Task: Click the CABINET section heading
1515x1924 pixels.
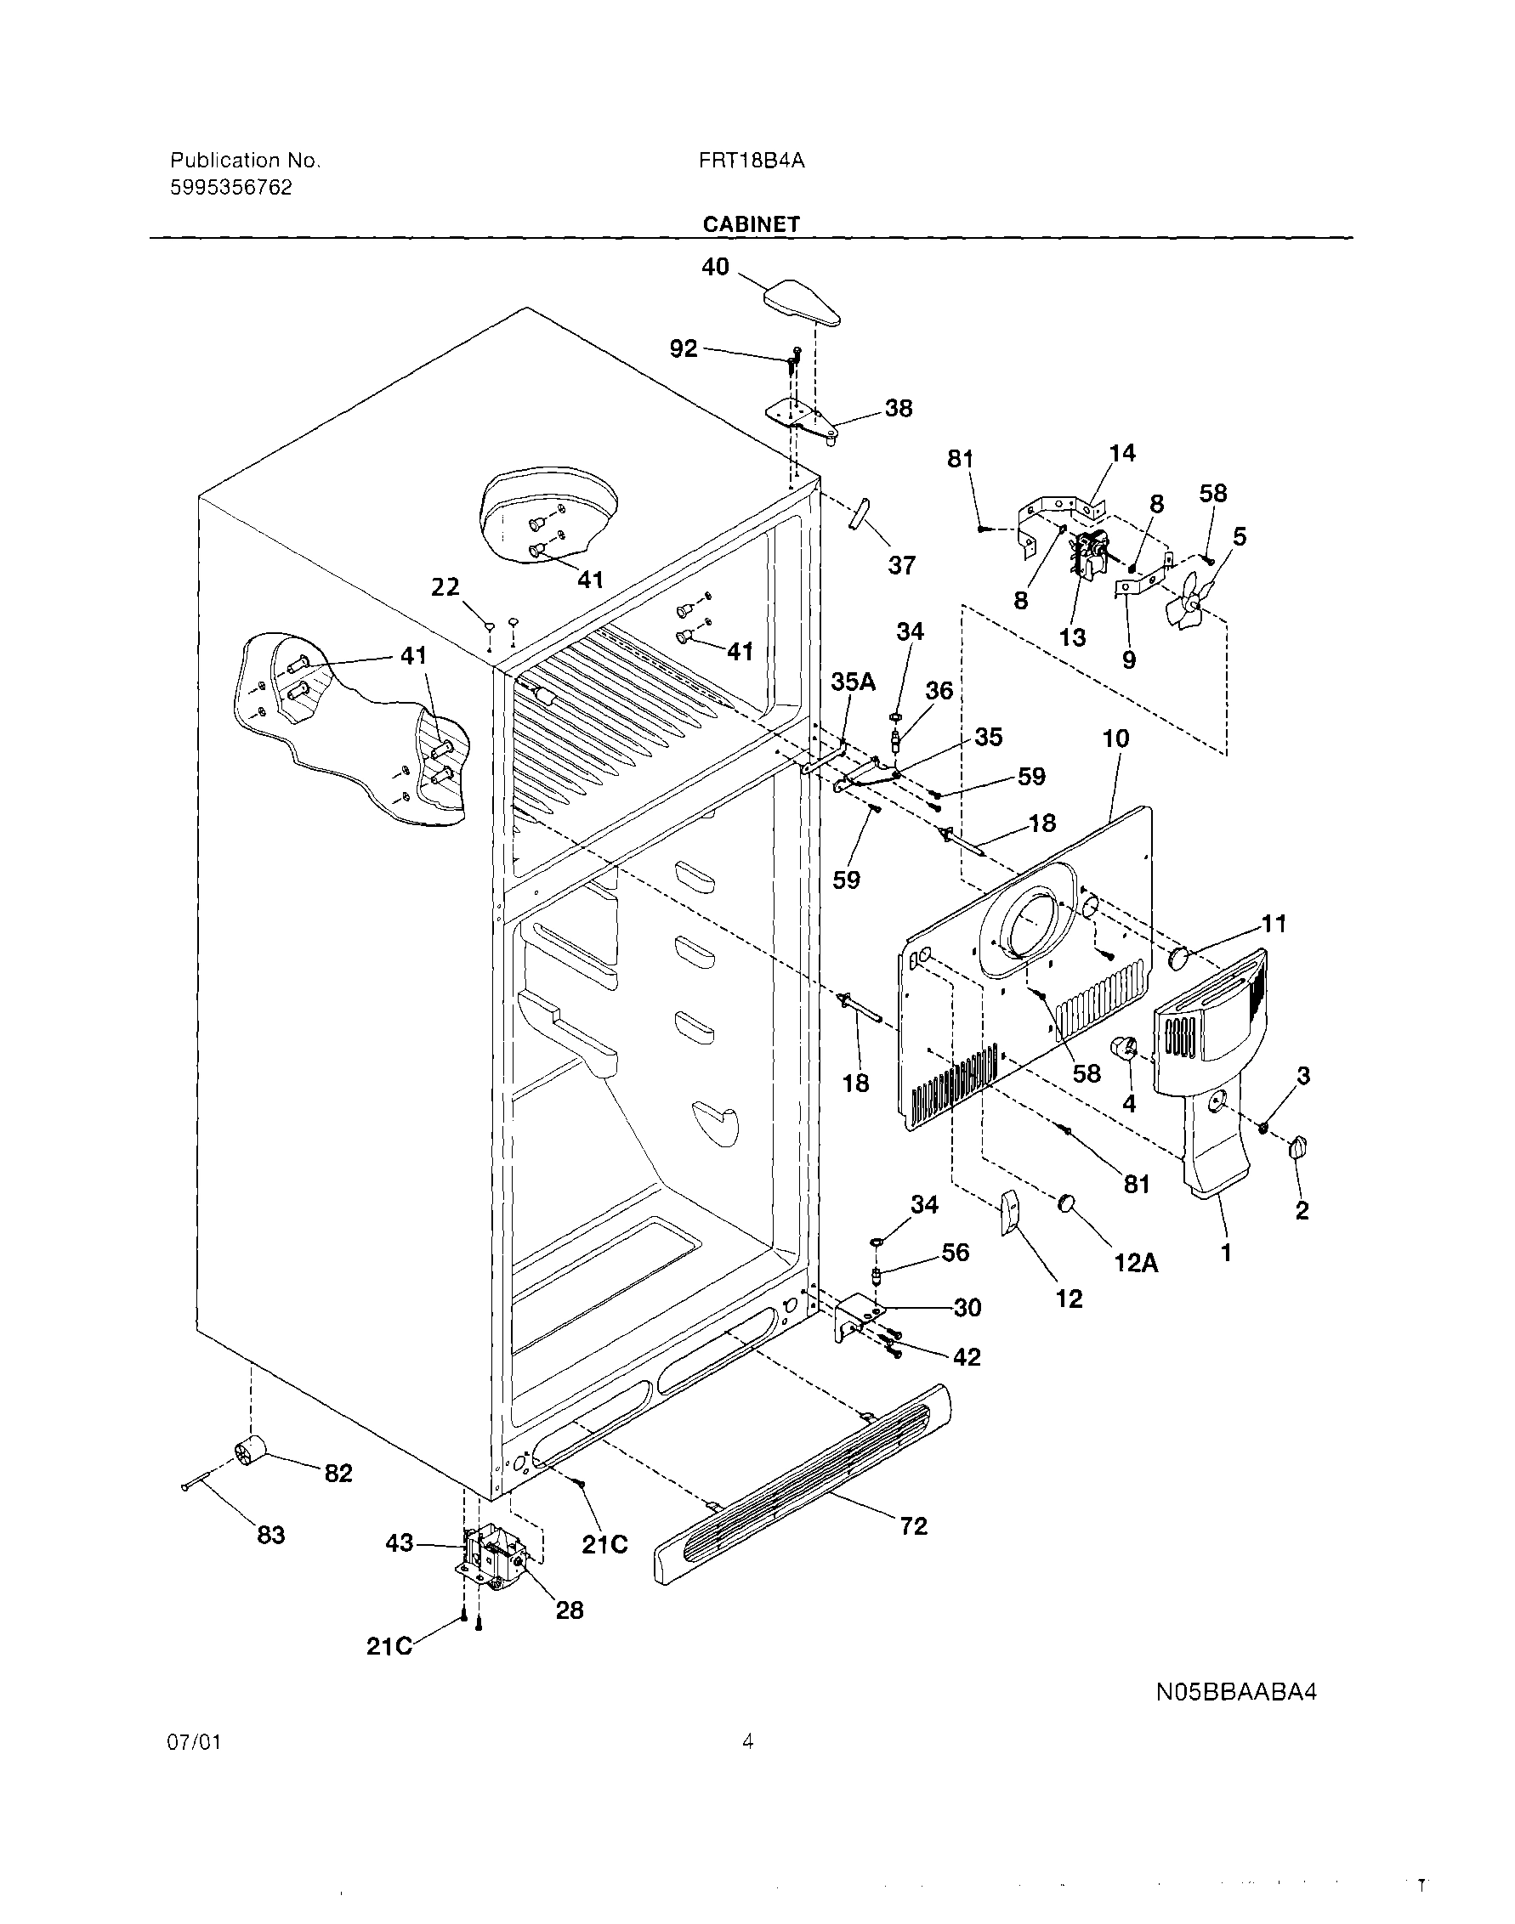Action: pos(751,224)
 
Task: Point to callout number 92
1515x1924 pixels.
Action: pos(683,349)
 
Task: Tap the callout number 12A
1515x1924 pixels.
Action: pos(1136,1263)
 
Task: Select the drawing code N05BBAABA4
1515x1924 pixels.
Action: pos(1235,1692)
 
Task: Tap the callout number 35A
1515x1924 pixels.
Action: pos(853,682)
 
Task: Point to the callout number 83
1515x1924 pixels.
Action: pos(270,1535)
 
